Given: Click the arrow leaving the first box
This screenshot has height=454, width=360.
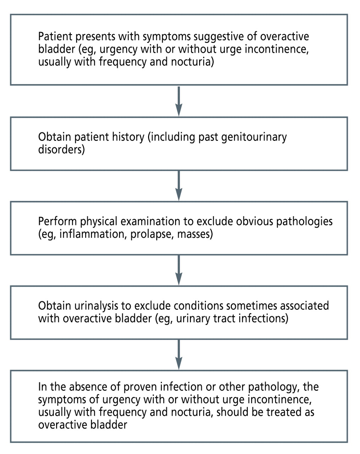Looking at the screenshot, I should (179, 101).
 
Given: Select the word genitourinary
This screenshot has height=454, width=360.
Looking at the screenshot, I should (254, 137).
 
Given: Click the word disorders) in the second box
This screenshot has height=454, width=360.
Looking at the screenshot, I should (61, 150).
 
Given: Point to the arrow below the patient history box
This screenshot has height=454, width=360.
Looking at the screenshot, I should (179, 186).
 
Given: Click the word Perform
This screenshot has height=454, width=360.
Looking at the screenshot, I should (58, 222).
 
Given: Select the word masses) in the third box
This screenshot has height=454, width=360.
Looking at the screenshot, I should (195, 234).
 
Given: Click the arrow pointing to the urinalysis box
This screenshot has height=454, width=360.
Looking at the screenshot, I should (179, 270).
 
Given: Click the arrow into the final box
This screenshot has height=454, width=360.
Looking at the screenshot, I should (179, 354).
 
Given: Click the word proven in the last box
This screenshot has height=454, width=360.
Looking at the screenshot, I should (141, 387).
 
